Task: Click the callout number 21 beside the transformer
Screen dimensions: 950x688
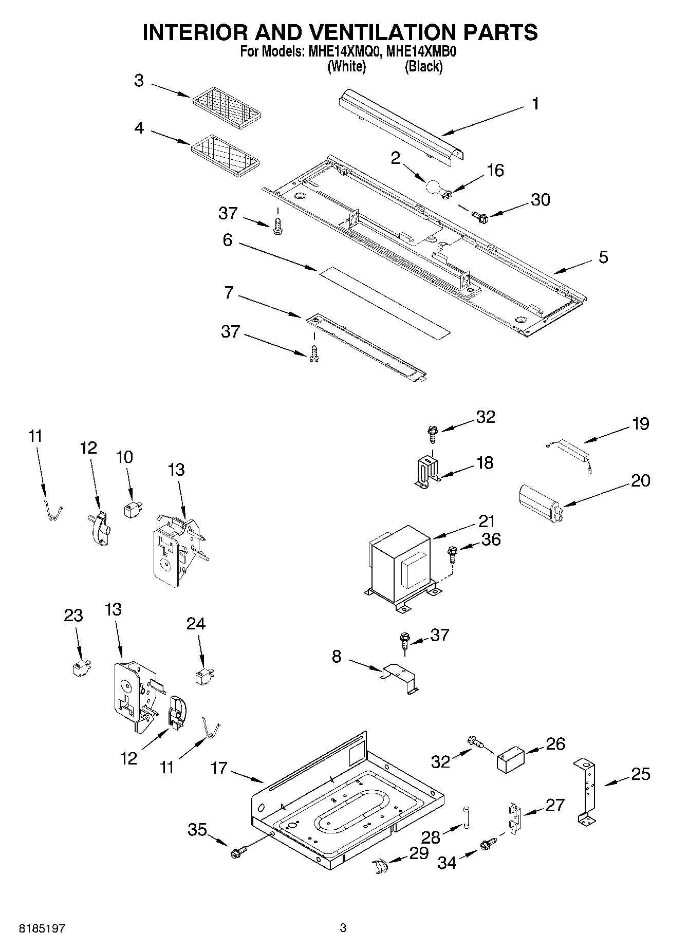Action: click(486, 521)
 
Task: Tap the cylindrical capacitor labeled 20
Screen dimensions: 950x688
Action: click(540, 498)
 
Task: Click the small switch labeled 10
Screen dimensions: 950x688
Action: click(133, 510)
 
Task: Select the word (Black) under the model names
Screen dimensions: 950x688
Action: click(423, 66)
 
